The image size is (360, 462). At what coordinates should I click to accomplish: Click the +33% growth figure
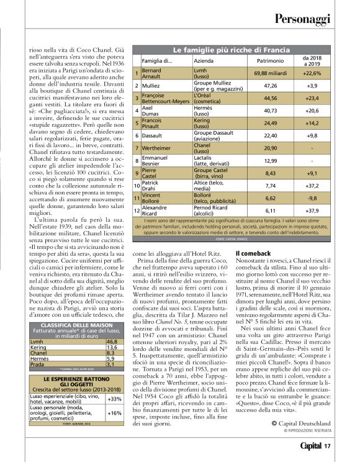click(x=114, y=381)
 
